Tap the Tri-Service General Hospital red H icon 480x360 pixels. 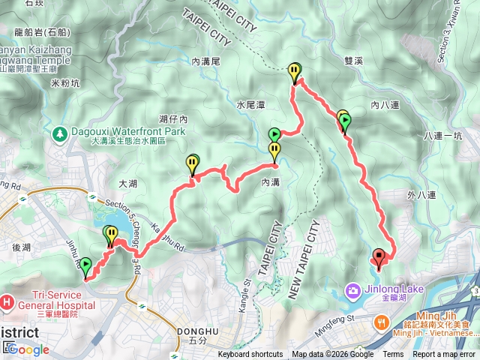(x=7, y=301)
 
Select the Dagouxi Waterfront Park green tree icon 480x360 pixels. (x=59, y=133)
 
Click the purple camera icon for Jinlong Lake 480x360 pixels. (x=352, y=290)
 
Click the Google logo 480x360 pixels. (x=28, y=349)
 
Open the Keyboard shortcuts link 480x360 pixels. (x=250, y=355)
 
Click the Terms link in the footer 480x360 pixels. (x=393, y=355)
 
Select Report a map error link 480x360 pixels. (x=444, y=355)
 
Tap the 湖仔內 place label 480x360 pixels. (x=173, y=119)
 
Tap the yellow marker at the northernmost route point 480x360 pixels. (x=295, y=71)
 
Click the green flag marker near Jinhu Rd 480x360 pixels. (x=85, y=265)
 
